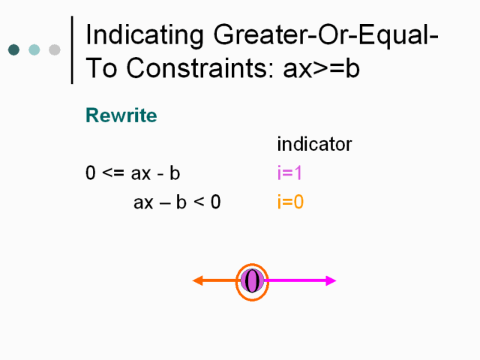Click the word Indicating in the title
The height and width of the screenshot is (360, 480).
(145, 36)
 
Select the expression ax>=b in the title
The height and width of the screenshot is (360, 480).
(321, 68)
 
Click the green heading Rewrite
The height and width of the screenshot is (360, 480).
(121, 115)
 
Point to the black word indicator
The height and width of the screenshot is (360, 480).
(314, 144)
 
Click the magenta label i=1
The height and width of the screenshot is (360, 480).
(290, 172)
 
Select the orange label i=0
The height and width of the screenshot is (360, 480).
(290, 202)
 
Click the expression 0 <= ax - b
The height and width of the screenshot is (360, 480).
(133, 173)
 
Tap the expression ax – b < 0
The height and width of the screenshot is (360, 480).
(177, 202)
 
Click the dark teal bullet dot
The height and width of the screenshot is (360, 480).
(13, 49)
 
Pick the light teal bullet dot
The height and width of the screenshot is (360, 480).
(34, 49)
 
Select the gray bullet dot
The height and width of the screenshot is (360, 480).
(55, 49)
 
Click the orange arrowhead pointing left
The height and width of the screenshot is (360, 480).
(198, 280)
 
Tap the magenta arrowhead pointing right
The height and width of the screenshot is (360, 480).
(331, 280)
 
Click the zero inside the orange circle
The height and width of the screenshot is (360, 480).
(252, 281)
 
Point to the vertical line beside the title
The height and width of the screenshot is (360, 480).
(72, 50)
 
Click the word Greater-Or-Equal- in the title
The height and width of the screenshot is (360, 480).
(325, 36)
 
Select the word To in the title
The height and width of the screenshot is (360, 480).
(101, 68)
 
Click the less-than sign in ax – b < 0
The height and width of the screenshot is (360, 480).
(199, 202)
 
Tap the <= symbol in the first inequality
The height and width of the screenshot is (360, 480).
(113, 173)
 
